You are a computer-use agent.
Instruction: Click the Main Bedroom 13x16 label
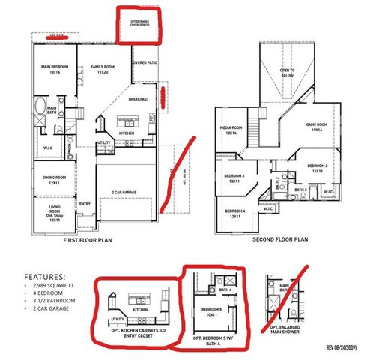coord(55,70)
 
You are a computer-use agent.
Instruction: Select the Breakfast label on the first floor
coord(139,99)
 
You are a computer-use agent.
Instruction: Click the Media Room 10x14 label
coord(231,129)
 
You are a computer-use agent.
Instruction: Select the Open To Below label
coord(287,73)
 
